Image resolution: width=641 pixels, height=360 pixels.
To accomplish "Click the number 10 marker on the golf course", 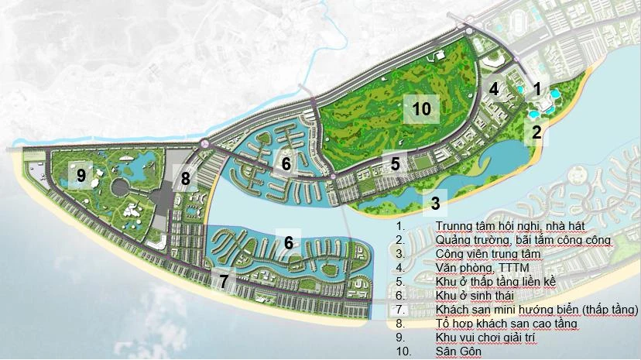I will point(421,108).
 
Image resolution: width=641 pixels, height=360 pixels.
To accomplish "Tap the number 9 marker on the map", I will point(81,176).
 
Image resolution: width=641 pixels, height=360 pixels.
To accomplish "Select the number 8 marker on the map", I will point(185,179).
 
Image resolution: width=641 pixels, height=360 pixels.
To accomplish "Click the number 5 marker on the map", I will point(395,163).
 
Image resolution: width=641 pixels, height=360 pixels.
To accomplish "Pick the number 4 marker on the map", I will point(493,88).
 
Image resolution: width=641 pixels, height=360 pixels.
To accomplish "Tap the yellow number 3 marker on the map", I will point(435,204).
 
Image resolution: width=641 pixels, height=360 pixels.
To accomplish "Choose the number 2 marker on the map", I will point(535,132).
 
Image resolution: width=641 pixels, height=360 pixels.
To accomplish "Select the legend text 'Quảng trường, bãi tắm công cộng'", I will point(523,240).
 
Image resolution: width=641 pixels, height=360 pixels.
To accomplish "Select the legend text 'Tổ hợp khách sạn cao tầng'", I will point(496,324).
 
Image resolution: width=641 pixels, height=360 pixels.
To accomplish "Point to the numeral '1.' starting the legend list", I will point(399,226).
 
